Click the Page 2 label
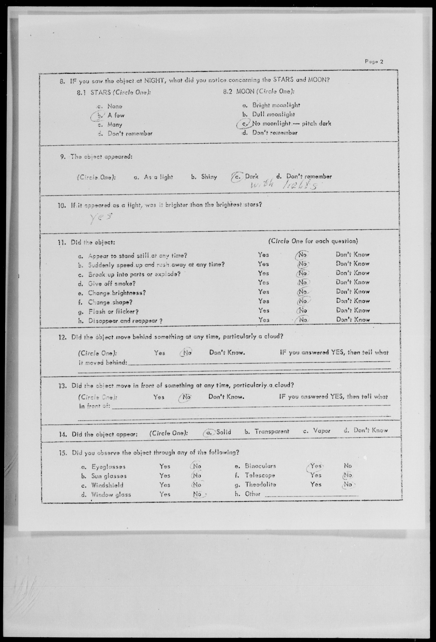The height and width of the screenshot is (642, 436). (x=374, y=62)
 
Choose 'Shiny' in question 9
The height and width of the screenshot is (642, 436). (x=209, y=177)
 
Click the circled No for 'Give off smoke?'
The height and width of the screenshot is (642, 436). (x=303, y=282)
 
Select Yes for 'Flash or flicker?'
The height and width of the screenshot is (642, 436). (x=264, y=311)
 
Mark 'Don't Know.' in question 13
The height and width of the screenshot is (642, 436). (x=226, y=397)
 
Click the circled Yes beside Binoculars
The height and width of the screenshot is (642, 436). (x=315, y=466)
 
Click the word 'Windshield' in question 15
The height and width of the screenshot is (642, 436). (x=107, y=485)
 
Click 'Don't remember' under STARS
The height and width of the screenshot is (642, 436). (x=130, y=134)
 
